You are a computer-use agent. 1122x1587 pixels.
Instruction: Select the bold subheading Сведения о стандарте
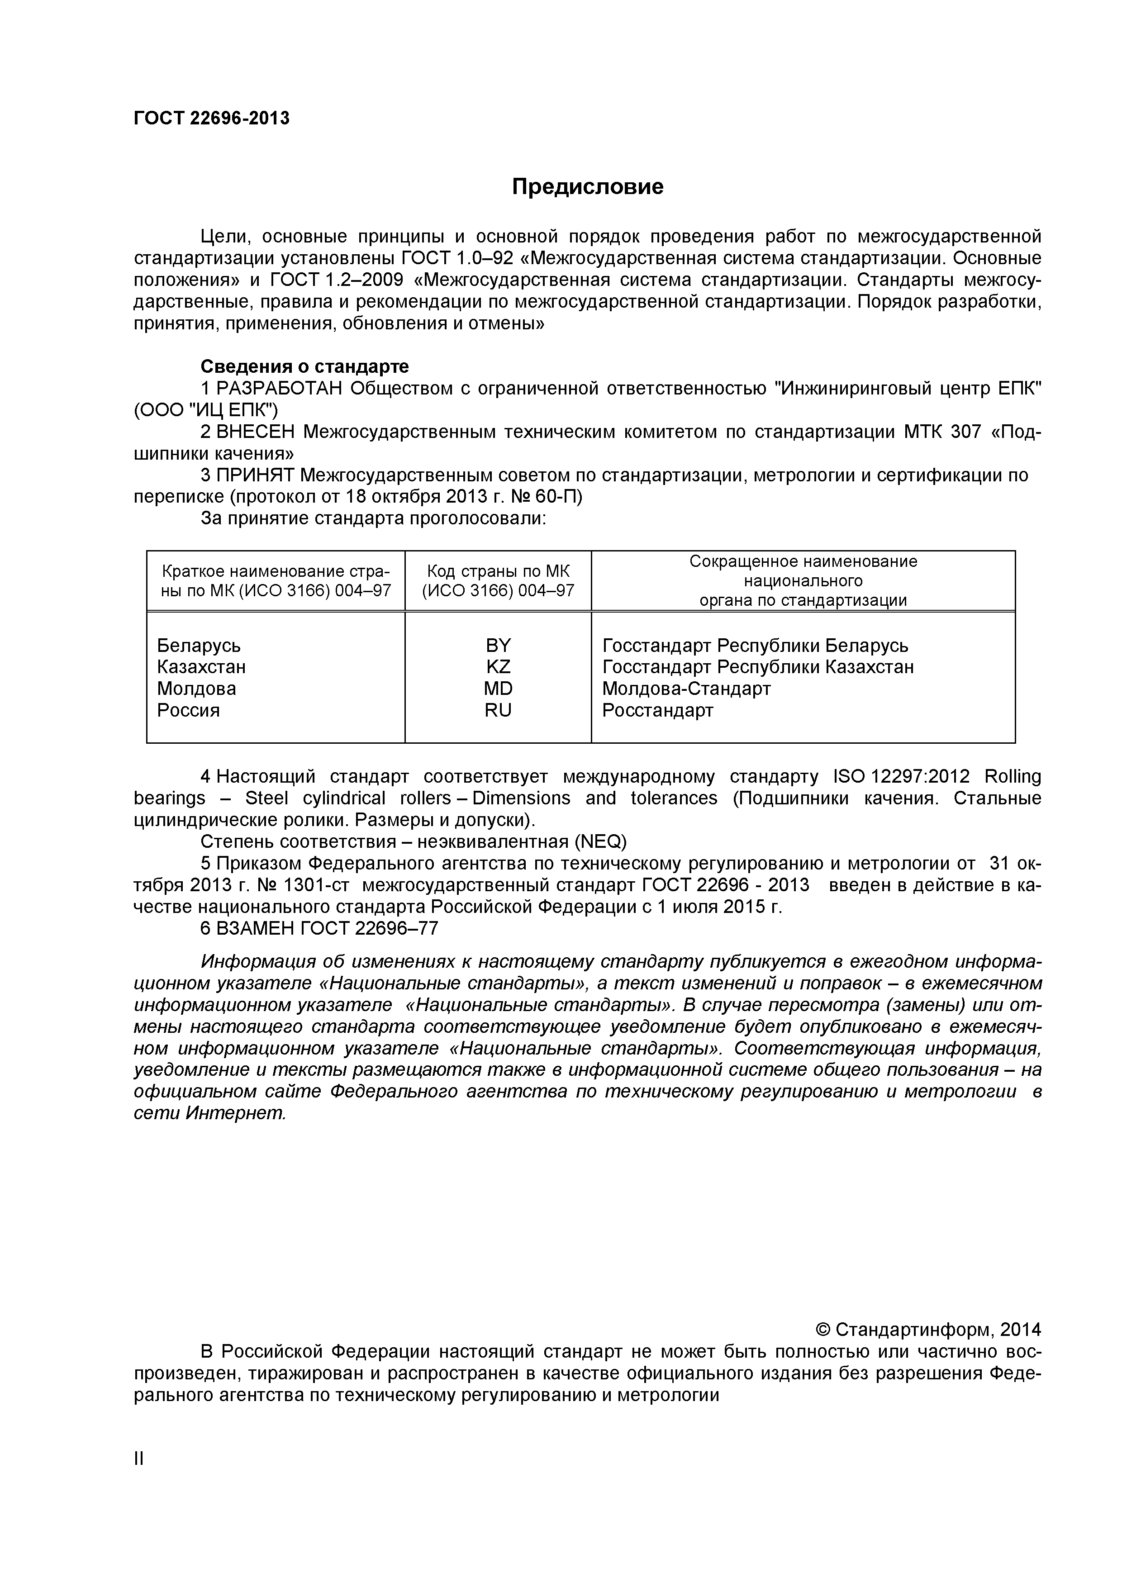pos(304,366)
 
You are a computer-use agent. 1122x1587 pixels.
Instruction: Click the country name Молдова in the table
pos(196,689)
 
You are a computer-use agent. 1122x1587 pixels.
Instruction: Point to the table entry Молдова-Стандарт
pos(686,689)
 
